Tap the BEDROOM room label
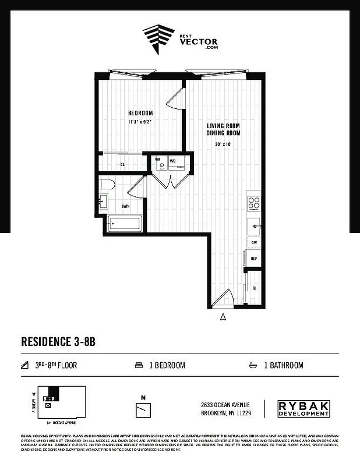coord(140,113)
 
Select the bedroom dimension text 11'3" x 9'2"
coord(140,122)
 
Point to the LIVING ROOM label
coord(224,126)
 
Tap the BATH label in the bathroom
coord(125,206)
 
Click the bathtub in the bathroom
coord(124,223)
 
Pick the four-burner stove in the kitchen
coord(254,203)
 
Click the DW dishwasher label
coord(254,242)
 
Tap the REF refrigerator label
coord(254,258)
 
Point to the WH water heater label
coord(157,160)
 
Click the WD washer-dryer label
coord(172,160)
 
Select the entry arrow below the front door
coord(223,317)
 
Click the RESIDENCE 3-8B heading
coord(58,341)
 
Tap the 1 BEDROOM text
coord(167,366)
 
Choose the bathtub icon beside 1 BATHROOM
coord(253,366)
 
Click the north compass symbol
coord(143,408)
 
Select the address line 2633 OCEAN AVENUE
coord(227,405)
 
